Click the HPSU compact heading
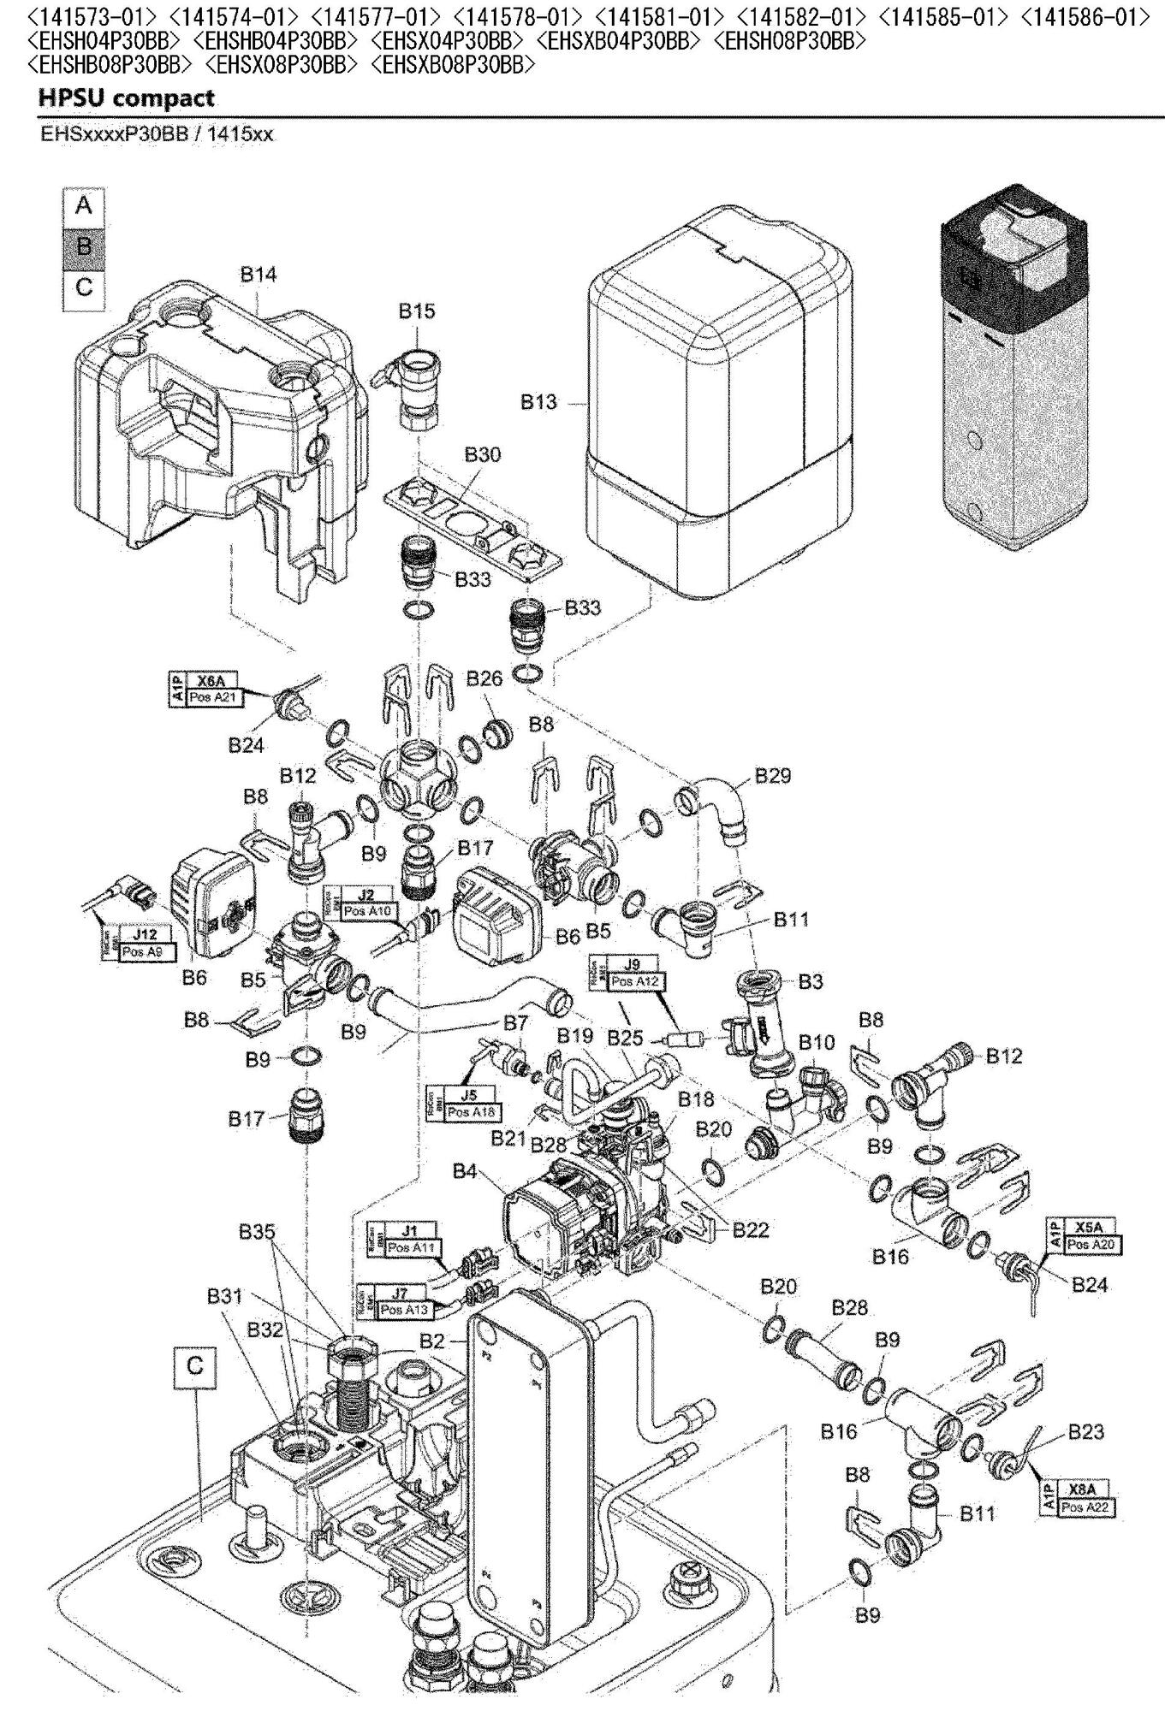pyautogui.click(x=126, y=98)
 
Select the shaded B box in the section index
pyautogui.click(x=84, y=246)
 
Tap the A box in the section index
pyautogui.click(x=84, y=206)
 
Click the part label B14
pyautogui.click(x=258, y=275)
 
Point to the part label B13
pyautogui.click(x=539, y=401)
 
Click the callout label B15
pyautogui.click(x=416, y=311)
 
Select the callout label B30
pyautogui.click(x=483, y=455)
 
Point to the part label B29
pyautogui.click(x=772, y=776)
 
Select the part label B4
pyautogui.click(x=465, y=1172)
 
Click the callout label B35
pyautogui.click(x=257, y=1233)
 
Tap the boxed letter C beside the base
pyautogui.click(x=195, y=1366)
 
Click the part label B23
pyautogui.click(x=1085, y=1431)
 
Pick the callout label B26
pyautogui.click(x=484, y=679)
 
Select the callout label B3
pyautogui.click(x=810, y=981)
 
